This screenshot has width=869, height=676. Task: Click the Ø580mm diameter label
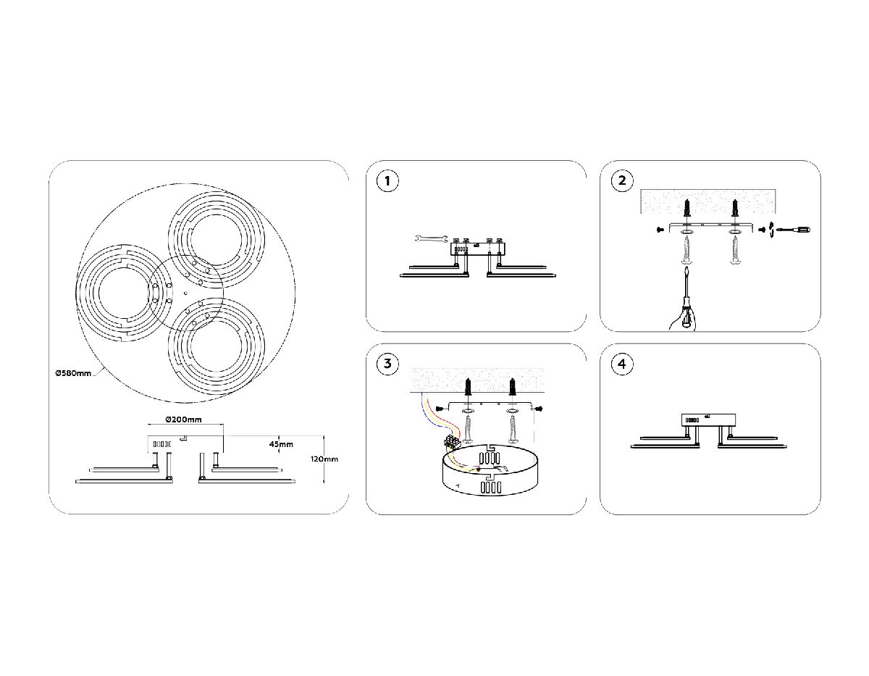click(x=73, y=373)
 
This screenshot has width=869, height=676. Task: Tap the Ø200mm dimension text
click(x=183, y=420)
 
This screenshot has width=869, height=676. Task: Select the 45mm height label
click(x=281, y=444)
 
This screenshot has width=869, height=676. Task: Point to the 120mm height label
click(x=324, y=459)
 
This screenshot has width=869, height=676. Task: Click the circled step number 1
click(x=387, y=181)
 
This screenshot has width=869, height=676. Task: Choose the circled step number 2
click(x=622, y=180)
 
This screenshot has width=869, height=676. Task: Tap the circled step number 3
click(x=387, y=364)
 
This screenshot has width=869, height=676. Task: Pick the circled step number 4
click(x=622, y=364)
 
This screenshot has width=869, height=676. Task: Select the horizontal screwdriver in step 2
click(x=793, y=230)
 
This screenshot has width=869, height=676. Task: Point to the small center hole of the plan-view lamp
click(x=185, y=293)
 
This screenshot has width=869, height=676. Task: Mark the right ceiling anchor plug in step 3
click(x=512, y=387)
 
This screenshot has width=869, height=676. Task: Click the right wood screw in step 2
click(x=734, y=251)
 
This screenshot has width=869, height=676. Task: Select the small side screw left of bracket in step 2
click(x=660, y=230)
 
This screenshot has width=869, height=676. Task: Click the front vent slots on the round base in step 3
click(x=491, y=488)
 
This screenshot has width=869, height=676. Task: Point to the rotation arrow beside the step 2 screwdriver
click(x=771, y=230)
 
